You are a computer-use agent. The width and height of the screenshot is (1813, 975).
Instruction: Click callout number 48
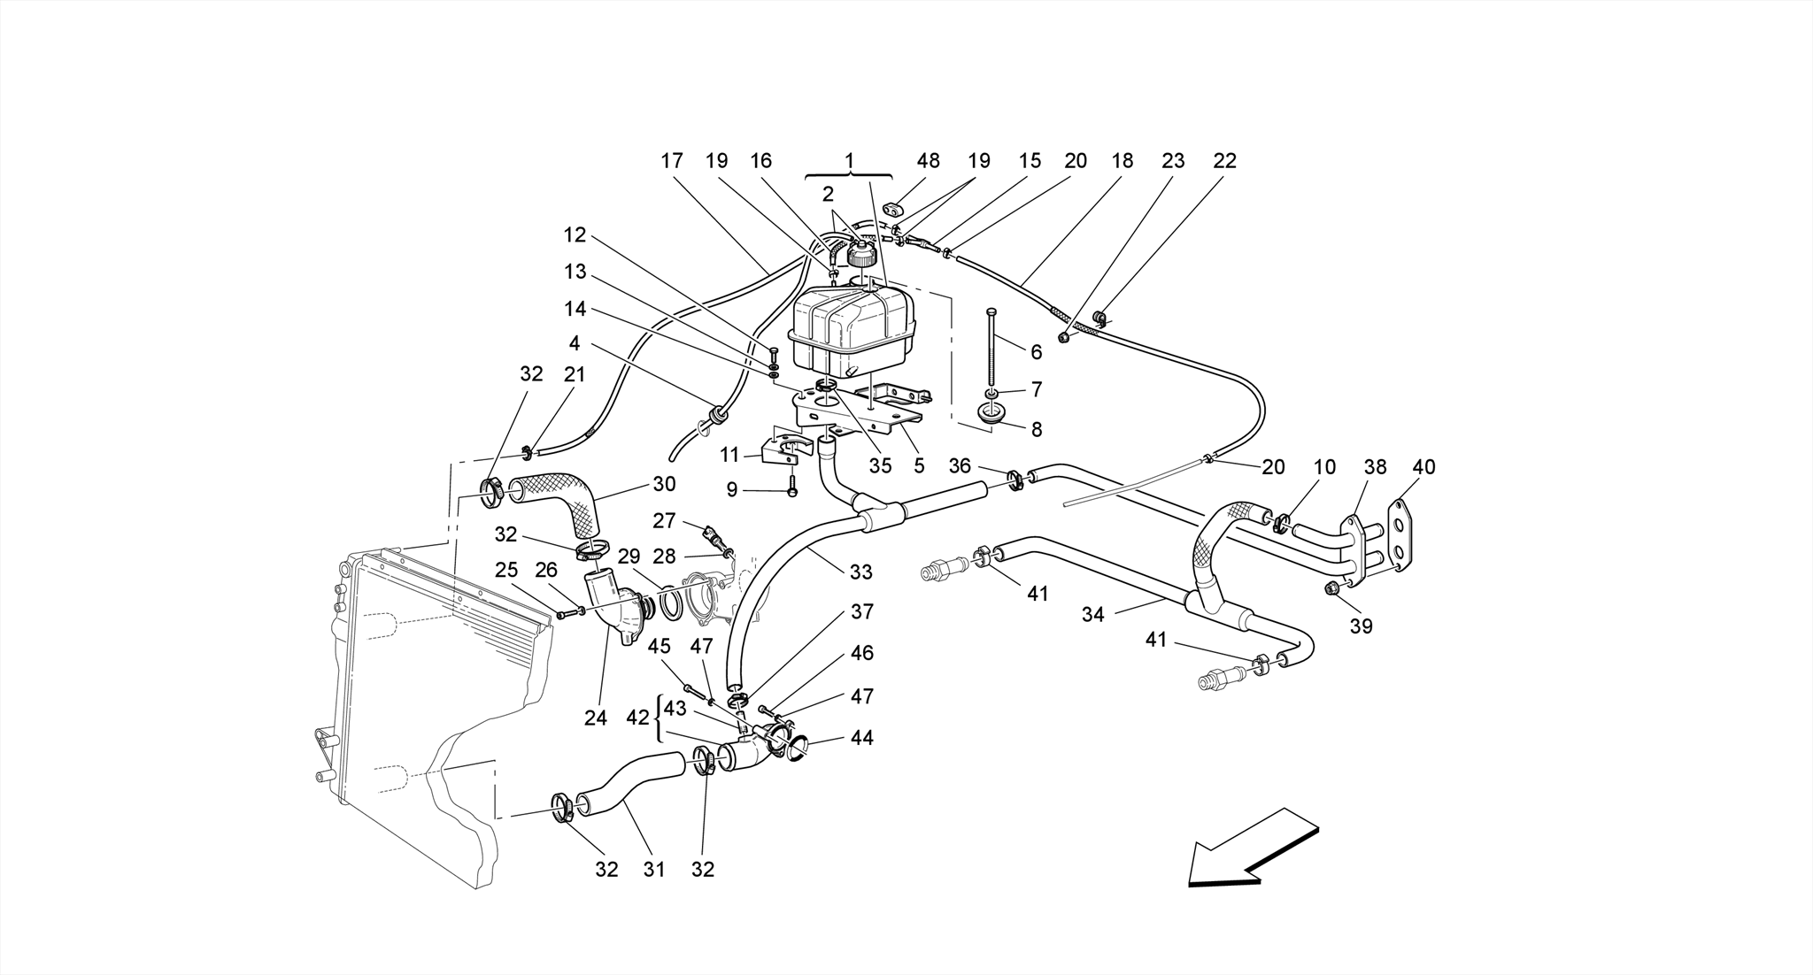point(928,161)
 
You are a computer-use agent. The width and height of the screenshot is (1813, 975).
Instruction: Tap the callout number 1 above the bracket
point(849,161)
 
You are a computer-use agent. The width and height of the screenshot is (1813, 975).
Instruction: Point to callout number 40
point(1423,467)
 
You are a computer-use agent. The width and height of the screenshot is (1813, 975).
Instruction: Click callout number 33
point(860,572)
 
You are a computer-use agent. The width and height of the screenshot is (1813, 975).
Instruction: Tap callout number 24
point(596,718)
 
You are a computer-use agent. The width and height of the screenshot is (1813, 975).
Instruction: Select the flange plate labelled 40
point(1399,538)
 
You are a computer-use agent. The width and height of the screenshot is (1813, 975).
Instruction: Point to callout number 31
point(653,870)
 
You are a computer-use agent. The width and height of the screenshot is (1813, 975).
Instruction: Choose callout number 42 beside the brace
point(637,718)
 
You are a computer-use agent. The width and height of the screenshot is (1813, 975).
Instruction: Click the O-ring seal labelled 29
point(670,603)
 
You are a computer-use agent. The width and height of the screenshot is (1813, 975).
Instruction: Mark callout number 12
point(575,235)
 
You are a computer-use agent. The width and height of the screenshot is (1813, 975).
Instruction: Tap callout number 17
point(672,161)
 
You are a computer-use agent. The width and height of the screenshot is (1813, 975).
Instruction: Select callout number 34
point(1092,614)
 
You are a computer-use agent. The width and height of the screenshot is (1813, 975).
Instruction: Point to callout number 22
point(1224,161)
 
